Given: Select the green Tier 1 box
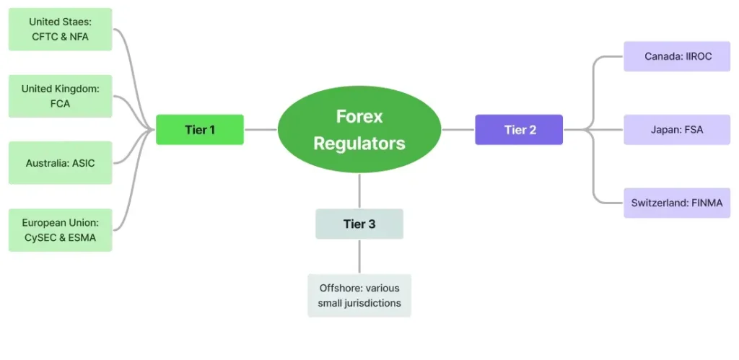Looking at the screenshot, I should point(200,130).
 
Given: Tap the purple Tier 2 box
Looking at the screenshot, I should point(519,130).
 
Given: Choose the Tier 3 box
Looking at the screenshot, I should point(359,224).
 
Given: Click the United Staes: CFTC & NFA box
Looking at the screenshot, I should point(60,30).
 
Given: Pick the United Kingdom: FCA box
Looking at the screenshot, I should point(60,96).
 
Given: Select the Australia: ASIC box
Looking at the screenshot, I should point(60,163).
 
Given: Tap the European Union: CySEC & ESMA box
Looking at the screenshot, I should point(60,230).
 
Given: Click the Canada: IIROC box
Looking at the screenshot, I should point(677,56).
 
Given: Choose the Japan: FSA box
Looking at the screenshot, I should point(677,130).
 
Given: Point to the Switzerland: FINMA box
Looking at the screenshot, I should point(677,203).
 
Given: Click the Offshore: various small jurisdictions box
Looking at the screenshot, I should point(359,295).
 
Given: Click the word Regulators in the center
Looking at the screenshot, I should point(359,143).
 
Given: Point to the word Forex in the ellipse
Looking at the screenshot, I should point(359,116).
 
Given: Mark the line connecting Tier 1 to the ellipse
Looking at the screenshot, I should point(261,130).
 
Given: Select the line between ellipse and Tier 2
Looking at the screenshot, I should point(458,130).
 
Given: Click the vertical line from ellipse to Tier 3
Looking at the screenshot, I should point(359,190).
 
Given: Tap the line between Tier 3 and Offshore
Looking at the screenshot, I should point(359,256).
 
